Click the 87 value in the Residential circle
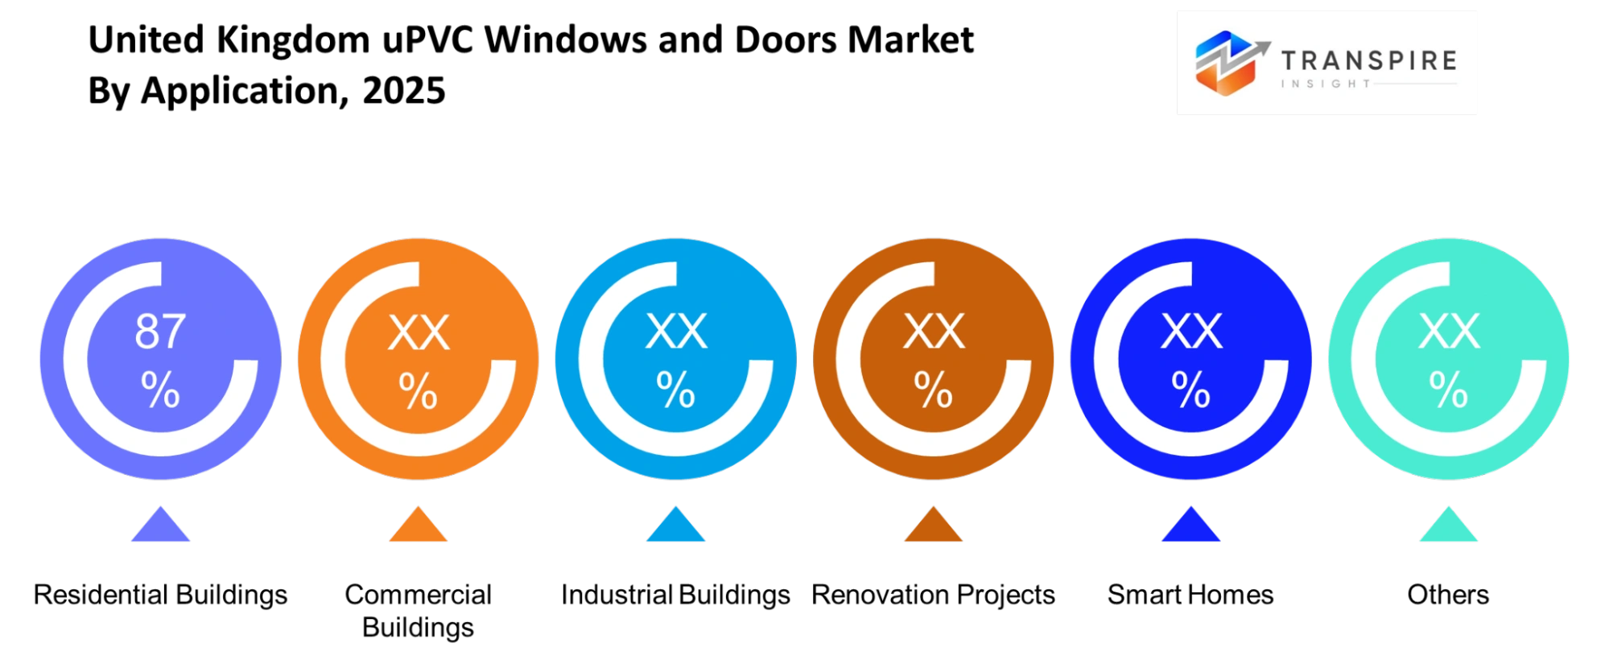pyautogui.click(x=160, y=331)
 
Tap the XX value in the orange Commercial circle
pyautogui.click(x=419, y=332)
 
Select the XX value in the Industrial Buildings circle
pyautogui.click(x=676, y=331)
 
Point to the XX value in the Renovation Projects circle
pyautogui.click(x=934, y=331)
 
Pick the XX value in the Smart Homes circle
pyautogui.click(x=1191, y=331)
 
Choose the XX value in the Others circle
pyautogui.click(x=1449, y=331)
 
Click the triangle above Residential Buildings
pyautogui.click(x=160, y=525)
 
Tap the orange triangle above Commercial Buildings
pyautogui.click(x=418, y=525)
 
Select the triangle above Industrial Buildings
pyautogui.click(x=675, y=525)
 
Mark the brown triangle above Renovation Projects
pyautogui.click(x=933, y=525)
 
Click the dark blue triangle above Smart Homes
pyautogui.click(x=1190, y=525)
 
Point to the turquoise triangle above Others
pyautogui.click(x=1448, y=525)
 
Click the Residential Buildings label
pyautogui.click(x=160, y=596)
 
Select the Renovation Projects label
pyautogui.click(x=933, y=596)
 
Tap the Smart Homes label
pyautogui.click(x=1190, y=595)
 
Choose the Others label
pyautogui.click(x=1448, y=595)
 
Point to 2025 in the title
pyautogui.click(x=403, y=90)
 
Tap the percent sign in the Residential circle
pyautogui.click(x=160, y=390)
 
